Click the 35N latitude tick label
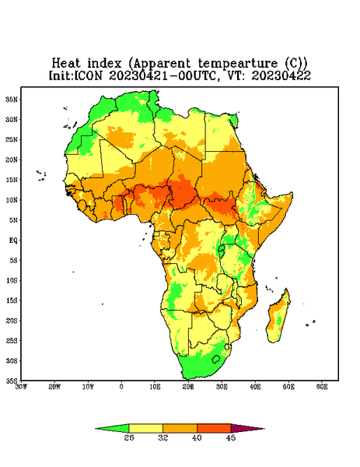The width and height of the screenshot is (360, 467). click(x=12, y=99)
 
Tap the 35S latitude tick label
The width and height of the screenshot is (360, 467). click(x=12, y=381)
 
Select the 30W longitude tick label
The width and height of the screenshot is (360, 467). click(x=21, y=387)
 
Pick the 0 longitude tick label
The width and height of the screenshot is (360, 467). click(x=121, y=387)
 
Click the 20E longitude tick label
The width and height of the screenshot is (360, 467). click(x=188, y=387)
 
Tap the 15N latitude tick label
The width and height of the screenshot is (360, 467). click(x=12, y=180)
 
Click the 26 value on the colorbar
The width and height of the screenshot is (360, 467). click(x=129, y=437)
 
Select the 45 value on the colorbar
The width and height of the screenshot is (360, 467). click(x=231, y=437)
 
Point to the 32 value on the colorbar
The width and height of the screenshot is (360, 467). click(x=163, y=437)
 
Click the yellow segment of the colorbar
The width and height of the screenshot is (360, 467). click(x=145, y=428)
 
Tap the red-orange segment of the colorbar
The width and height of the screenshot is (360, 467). click(x=214, y=428)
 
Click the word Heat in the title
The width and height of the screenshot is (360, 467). click(x=66, y=64)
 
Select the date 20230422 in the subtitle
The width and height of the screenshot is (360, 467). click(x=281, y=75)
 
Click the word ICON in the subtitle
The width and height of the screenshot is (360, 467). click(x=88, y=75)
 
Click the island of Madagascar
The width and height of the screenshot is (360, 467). click(x=278, y=317)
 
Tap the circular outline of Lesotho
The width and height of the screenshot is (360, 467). click(x=216, y=359)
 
